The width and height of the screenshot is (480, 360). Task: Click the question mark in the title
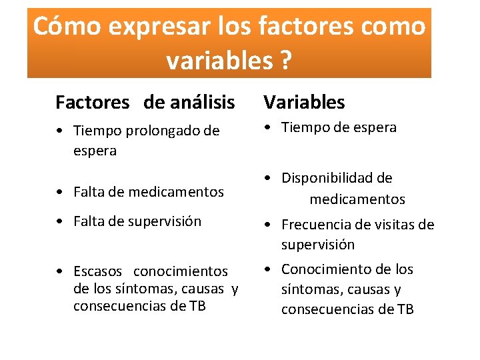(x=285, y=61)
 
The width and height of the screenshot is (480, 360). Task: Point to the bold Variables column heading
(x=304, y=103)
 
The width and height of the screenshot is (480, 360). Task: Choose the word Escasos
(x=98, y=271)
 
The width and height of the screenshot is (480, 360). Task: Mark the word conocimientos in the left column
(x=181, y=271)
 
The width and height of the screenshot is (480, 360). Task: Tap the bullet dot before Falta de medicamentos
(x=60, y=193)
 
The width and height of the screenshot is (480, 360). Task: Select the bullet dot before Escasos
(x=60, y=272)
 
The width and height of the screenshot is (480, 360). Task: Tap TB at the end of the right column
(x=405, y=309)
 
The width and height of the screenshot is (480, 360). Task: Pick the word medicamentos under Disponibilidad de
(x=357, y=199)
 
